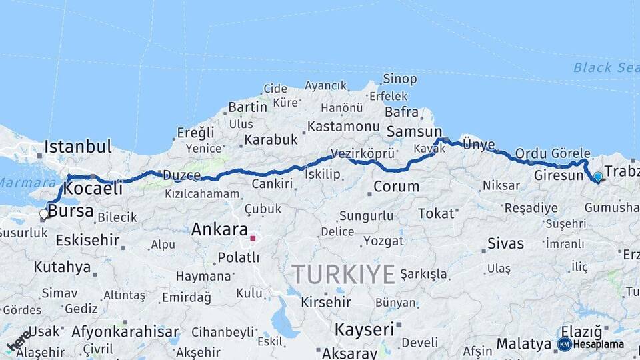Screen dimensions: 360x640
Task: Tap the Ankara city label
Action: (219, 230)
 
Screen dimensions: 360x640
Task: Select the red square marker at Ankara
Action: (253, 238)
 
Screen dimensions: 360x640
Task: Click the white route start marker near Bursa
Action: (44, 214)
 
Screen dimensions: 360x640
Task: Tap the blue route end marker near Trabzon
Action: (598, 177)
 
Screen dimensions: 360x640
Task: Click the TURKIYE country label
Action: (343, 273)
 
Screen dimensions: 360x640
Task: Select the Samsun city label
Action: (414, 131)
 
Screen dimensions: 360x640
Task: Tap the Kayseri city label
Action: (364, 329)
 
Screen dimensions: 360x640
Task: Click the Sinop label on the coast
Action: (400, 79)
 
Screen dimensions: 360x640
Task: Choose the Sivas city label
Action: (505, 243)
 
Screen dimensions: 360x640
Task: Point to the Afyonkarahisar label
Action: (125, 331)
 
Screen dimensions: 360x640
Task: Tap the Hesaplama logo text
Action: (598, 344)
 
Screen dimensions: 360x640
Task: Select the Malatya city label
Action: (523, 345)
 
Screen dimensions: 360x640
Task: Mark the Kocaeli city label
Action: (94, 189)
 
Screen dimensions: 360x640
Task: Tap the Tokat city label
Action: (435, 213)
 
